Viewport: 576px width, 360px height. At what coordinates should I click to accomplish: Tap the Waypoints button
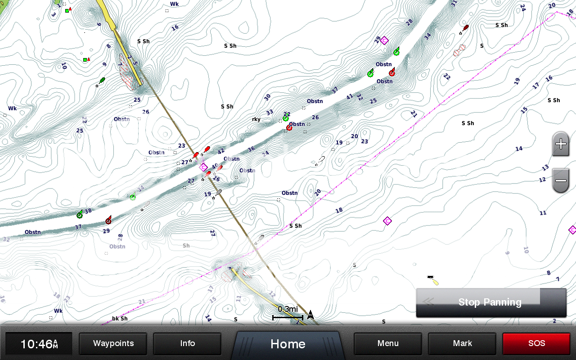coord(113,344)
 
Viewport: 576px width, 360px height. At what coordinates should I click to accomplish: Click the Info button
coord(187,344)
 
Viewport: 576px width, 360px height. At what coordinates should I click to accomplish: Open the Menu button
coord(388,344)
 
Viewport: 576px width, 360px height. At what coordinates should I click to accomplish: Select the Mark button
coord(462,344)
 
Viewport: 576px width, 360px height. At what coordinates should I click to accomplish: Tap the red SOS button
coord(536,344)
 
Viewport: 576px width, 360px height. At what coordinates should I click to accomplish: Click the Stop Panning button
coord(490,302)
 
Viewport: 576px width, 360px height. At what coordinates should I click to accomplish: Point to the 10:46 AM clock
coord(39,344)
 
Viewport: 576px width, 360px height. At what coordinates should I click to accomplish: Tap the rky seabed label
coord(256,119)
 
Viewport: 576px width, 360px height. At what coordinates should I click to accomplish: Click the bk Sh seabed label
coord(120,318)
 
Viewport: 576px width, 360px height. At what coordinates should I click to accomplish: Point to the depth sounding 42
coord(220,152)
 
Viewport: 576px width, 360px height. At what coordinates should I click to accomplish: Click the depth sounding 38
coord(88,211)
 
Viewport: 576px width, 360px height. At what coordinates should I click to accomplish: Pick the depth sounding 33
coord(270,112)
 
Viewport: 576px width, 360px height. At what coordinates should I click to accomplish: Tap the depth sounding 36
coord(251,149)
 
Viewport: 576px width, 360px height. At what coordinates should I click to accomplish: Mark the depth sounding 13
coord(545,167)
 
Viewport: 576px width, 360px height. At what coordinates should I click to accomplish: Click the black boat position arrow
coord(310,315)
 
